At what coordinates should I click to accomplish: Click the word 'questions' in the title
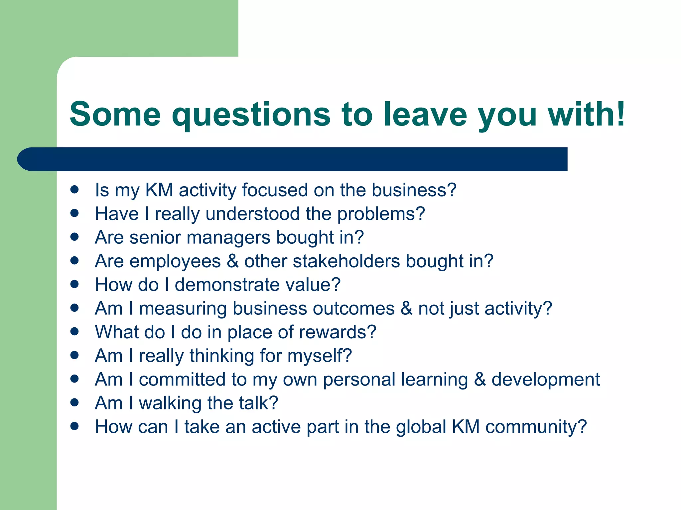tap(251, 115)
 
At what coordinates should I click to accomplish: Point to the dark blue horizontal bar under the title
tap(293, 159)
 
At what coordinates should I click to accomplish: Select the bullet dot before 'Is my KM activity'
tap(74, 190)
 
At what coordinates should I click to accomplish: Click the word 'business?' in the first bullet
tap(414, 190)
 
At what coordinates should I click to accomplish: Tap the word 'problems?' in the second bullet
tap(381, 214)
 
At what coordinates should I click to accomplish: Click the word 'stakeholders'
tap(346, 261)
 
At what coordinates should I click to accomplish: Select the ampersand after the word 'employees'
tap(233, 261)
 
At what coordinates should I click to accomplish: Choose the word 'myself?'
tap(320, 356)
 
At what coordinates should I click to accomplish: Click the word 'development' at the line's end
tap(546, 380)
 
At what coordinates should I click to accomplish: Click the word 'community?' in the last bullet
tap(536, 427)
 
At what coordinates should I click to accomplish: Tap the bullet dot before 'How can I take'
tap(74, 426)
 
